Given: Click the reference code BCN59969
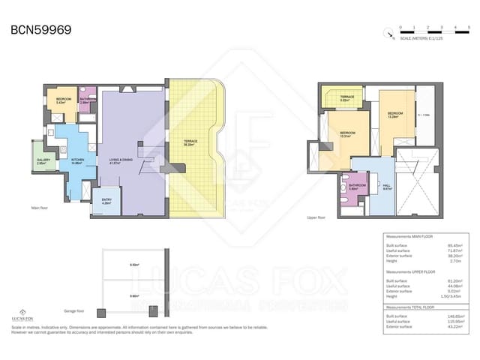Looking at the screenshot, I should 40,30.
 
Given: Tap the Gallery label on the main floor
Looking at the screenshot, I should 43,160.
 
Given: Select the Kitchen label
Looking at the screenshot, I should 76,160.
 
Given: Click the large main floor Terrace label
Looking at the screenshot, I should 190,142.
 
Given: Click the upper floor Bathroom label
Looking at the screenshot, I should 357,186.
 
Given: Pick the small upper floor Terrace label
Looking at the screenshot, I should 346,97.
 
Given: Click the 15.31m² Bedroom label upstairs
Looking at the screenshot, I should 346,133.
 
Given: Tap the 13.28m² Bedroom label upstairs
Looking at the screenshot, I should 392,115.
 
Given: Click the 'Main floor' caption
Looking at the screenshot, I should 40,208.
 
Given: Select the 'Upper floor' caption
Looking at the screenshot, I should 317,217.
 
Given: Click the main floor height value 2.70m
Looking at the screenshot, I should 454,260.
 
